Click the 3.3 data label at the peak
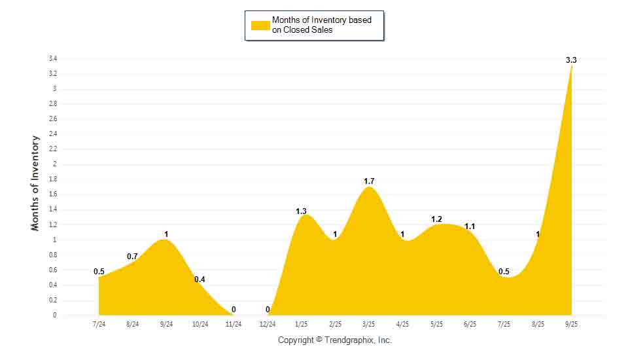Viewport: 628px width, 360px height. pyautogui.click(x=571, y=60)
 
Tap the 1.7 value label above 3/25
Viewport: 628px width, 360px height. pyautogui.click(x=370, y=181)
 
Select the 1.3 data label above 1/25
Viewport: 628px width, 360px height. pyautogui.click(x=301, y=211)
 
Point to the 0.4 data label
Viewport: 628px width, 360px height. pyautogui.click(x=200, y=279)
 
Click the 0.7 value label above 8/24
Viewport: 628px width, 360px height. pyautogui.click(x=133, y=256)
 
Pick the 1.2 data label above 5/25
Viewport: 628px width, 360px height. pyautogui.click(x=436, y=219)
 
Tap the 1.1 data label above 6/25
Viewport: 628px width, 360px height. pyautogui.click(x=470, y=226)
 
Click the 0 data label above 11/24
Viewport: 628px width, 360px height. pyautogui.click(x=234, y=310)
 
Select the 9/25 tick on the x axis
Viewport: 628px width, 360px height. pyautogui.click(x=571, y=324)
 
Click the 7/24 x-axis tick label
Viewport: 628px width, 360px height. pyautogui.click(x=99, y=324)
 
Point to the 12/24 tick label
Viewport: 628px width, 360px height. pyautogui.click(x=267, y=324)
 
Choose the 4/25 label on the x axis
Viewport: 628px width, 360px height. pyautogui.click(x=402, y=324)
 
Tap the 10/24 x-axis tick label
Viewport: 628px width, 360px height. pyautogui.click(x=200, y=324)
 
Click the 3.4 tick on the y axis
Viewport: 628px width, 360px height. pyautogui.click(x=52, y=58)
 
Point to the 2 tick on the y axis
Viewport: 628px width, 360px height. pyautogui.click(x=55, y=164)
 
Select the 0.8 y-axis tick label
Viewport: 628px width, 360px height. pyautogui.click(x=52, y=255)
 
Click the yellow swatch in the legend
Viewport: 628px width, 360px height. pyautogui.click(x=260, y=26)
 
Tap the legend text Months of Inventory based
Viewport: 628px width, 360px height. pyautogui.click(x=322, y=20)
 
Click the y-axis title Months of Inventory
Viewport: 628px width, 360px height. pyautogui.click(x=35, y=183)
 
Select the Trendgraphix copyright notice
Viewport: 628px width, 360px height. pyautogui.click(x=334, y=340)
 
